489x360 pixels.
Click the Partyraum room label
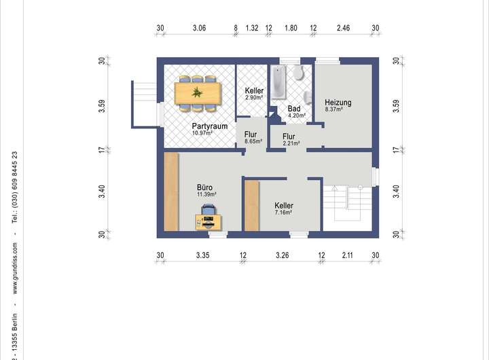(x=210, y=126)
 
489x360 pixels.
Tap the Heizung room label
(x=338, y=103)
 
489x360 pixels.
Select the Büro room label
(x=204, y=187)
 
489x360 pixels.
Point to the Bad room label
(x=294, y=109)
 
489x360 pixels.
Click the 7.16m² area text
(x=283, y=213)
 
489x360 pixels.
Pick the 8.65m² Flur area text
(x=253, y=141)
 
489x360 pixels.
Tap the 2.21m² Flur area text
(x=291, y=143)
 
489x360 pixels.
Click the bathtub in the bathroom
(x=278, y=82)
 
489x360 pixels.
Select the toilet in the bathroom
(x=299, y=73)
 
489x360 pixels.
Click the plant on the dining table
(x=197, y=92)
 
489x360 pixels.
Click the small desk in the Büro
(x=209, y=222)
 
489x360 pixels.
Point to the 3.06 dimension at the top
(x=199, y=28)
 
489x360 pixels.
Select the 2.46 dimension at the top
(x=343, y=28)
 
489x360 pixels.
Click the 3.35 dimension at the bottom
(x=202, y=255)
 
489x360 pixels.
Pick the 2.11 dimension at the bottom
(x=347, y=255)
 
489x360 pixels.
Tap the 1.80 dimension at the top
(x=291, y=28)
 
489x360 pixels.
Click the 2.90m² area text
(x=254, y=97)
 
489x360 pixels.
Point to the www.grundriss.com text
(x=15, y=268)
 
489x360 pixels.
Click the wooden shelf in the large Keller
(x=252, y=206)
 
